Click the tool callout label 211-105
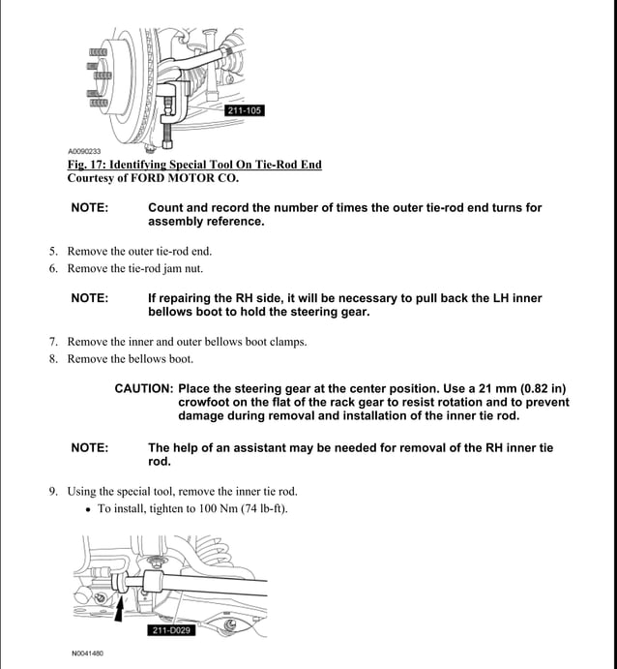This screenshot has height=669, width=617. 243,110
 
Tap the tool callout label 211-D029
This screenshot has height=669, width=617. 172,630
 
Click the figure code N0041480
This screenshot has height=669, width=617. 87,654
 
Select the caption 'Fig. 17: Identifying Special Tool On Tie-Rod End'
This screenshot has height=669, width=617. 193,166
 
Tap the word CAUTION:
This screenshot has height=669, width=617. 144,388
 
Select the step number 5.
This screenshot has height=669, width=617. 53,252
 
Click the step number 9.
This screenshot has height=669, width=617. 53,492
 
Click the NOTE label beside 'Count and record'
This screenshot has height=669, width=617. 89,207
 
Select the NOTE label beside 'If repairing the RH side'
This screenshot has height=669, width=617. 89,298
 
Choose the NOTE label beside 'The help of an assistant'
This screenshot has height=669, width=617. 89,448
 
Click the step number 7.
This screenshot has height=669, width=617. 53,342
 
